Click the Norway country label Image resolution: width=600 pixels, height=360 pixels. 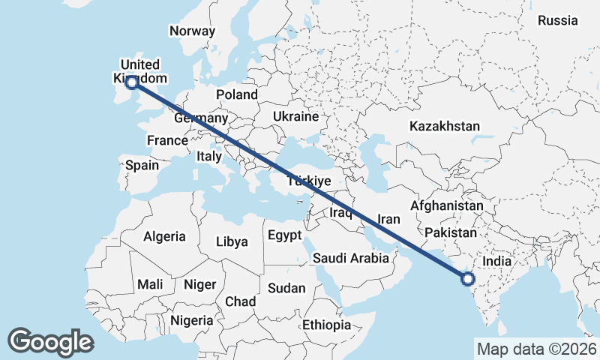point(193,31)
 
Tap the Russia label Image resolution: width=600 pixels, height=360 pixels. point(557,20)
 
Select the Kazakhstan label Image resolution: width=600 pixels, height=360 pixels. point(444,127)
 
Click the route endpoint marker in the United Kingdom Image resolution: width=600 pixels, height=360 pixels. point(132,82)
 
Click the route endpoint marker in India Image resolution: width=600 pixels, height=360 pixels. point(468,280)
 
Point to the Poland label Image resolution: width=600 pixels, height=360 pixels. point(237,94)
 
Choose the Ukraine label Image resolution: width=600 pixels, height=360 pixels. point(295,117)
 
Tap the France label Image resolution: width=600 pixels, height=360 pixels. point(167,140)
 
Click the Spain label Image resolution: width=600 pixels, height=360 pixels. point(142,165)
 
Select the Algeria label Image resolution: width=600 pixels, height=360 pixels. point(164,236)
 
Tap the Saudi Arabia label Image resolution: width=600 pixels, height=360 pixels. point(351,258)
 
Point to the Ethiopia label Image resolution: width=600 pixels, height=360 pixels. point(326,325)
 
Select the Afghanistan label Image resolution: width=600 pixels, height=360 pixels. point(447,205)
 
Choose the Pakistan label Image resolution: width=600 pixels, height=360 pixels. point(451,234)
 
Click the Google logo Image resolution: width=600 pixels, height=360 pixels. point(50,342)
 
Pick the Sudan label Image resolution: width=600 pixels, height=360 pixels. point(286,288)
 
